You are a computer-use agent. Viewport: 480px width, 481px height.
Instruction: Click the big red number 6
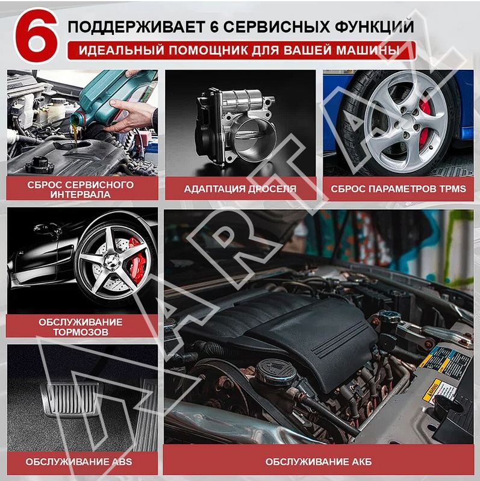pos(37,36)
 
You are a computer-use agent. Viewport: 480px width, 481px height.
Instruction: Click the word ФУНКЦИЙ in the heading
pos(374,26)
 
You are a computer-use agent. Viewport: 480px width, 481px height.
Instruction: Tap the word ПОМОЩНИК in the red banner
pos(209,51)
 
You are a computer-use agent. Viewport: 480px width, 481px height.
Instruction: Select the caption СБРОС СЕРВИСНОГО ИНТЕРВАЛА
pos(81,190)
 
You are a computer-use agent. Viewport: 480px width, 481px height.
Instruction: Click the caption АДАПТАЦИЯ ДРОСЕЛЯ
pos(240,188)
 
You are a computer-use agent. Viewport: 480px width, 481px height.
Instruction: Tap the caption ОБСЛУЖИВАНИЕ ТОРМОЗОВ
pos(81,327)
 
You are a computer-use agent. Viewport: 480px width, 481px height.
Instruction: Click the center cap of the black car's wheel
pos(111,262)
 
